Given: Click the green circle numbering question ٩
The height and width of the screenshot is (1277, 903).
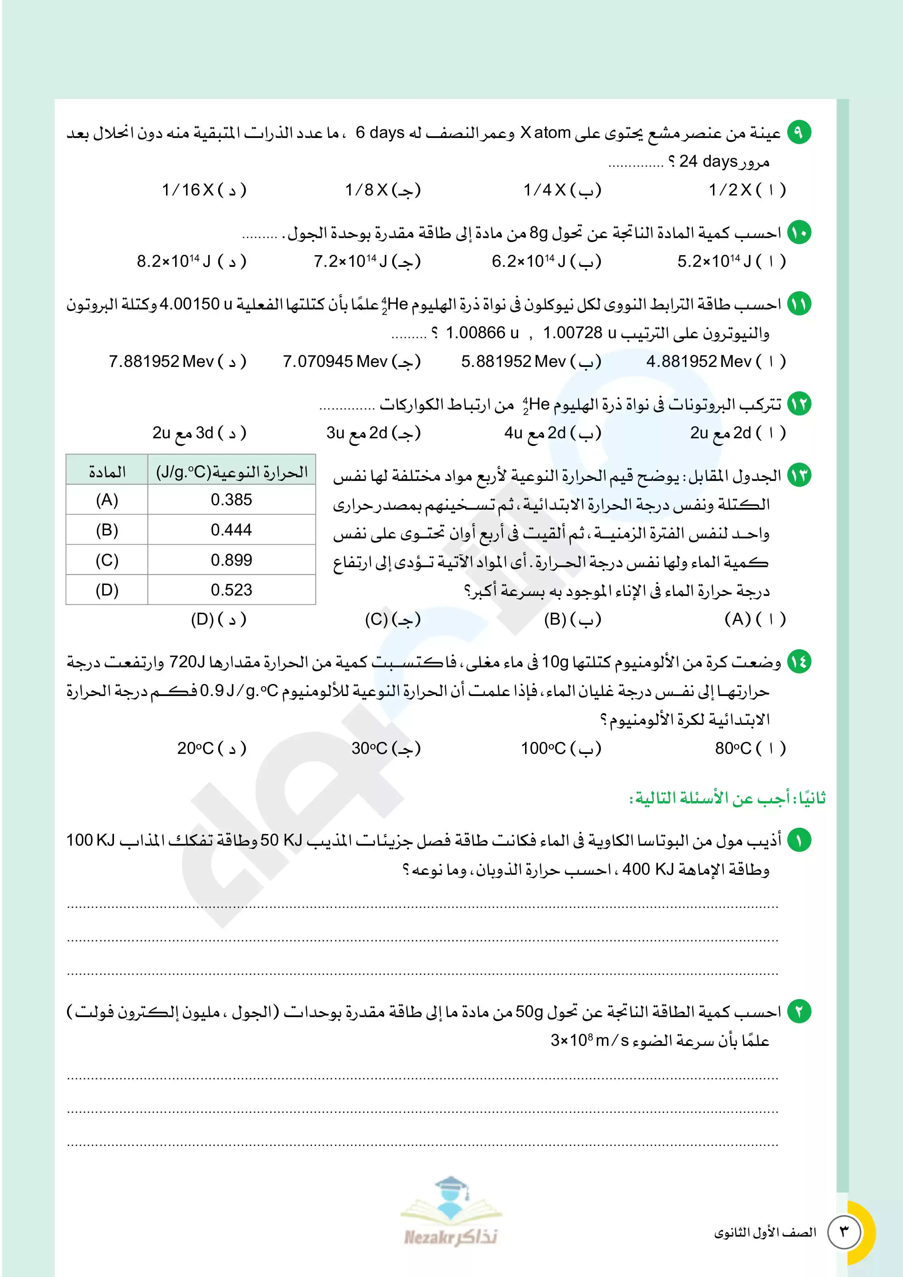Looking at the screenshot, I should (x=798, y=133).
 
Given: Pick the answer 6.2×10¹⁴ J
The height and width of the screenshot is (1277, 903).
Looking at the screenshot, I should (x=546, y=261).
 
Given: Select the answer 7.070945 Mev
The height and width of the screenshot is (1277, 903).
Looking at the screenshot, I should (x=351, y=361).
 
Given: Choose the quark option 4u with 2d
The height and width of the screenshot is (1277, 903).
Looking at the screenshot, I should (x=552, y=433).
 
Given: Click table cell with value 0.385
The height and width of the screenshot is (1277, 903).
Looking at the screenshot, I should (x=232, y=499).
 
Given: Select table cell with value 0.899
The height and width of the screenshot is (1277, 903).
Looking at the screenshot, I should (x=232, y=560).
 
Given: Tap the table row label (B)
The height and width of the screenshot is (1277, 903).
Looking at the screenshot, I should (x=107, y=530).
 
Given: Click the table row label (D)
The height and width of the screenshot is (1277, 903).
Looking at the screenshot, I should (x=107, y=590).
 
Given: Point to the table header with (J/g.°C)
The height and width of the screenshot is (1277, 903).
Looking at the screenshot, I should (x=232, y=472).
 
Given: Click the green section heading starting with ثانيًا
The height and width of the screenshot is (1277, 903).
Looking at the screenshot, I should (x=727, y=798).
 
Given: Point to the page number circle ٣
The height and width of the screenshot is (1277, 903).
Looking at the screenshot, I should (x=844, y=1232).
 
